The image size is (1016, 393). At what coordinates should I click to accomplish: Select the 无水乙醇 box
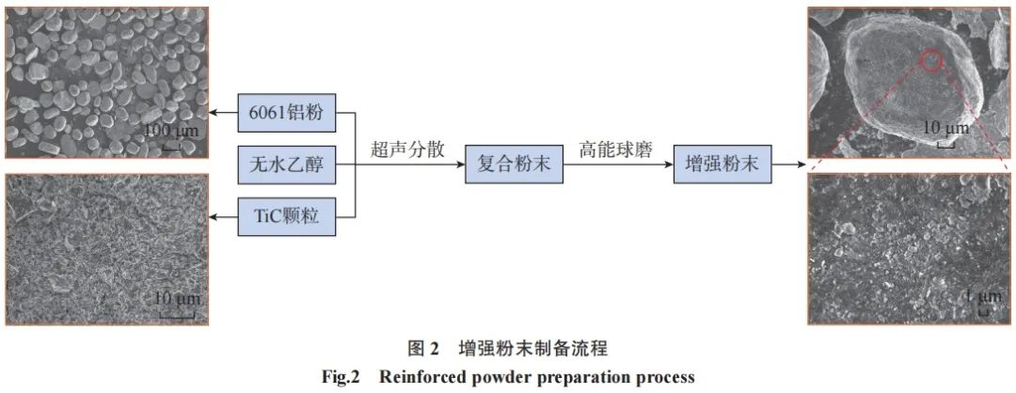click(x=286, y=165)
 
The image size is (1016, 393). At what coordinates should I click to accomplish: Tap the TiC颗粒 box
click(x=286, y=216)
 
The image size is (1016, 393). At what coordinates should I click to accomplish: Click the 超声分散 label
click(x=408, y=149)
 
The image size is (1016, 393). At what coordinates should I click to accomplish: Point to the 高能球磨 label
click(x=616, y=149)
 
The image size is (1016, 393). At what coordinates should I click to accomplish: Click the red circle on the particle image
click(x=930, y=61)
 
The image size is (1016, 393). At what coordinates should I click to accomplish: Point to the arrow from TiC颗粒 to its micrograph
click(x=224, y=216)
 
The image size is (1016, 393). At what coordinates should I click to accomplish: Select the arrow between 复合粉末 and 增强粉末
click(x=617, y=165)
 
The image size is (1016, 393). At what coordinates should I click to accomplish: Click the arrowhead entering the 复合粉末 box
click(x=459, y=165)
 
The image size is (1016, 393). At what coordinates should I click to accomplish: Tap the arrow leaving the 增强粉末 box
click(x=788, y=165)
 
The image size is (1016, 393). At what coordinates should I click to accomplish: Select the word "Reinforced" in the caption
click(x=421, y=378)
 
